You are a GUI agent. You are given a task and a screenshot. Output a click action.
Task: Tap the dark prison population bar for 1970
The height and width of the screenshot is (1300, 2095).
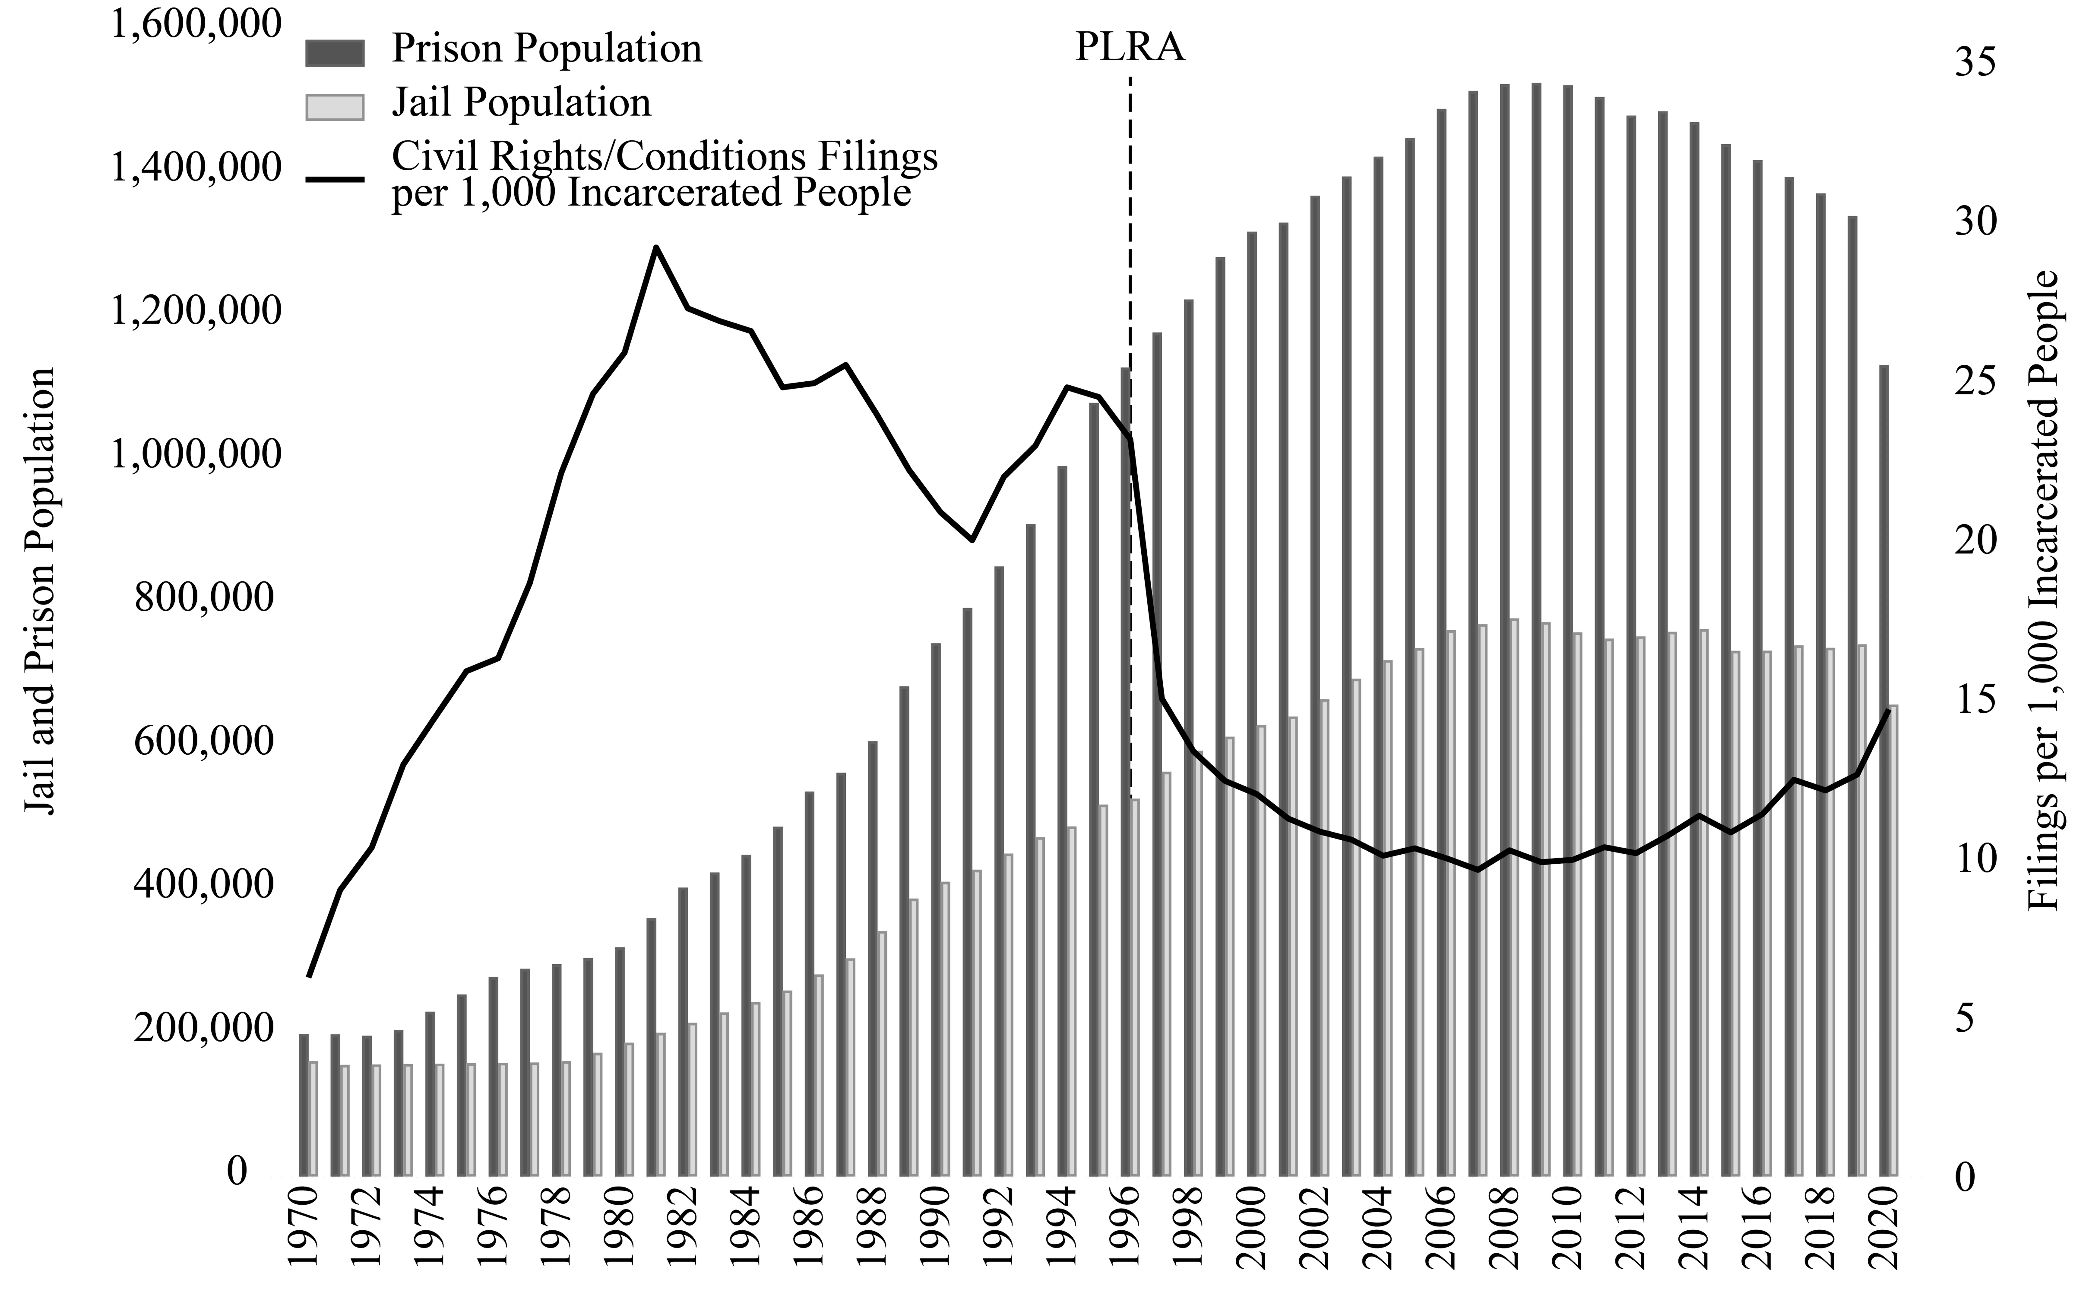[x=303, y=1105]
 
